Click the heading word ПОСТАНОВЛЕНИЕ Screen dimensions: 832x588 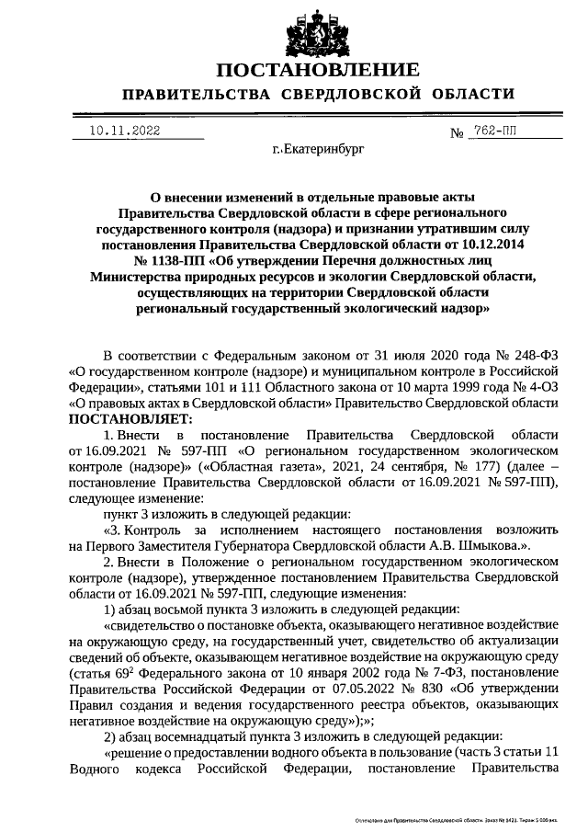pos(318,70)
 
